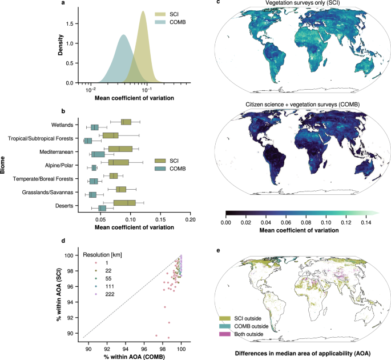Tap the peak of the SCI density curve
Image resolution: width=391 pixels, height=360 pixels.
(143, 17)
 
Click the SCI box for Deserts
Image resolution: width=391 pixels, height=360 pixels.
(124, 203)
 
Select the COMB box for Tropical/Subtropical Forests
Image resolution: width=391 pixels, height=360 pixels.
(88, 141)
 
